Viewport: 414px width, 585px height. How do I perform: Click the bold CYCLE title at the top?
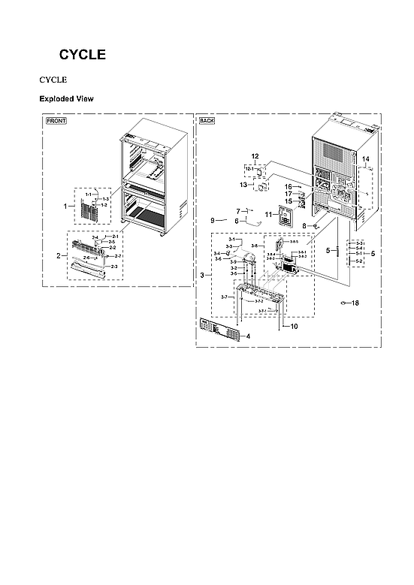point(83,55)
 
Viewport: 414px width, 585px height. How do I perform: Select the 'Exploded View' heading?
point(65,98)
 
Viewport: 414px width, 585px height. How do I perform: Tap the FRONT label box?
point(56,121)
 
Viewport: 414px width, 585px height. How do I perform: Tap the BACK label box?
point(207,121)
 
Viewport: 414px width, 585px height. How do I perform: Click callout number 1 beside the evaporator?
point(65,204)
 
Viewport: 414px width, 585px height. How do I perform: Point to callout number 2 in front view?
point(58,255)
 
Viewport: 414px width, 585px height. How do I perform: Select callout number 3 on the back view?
point(201,276)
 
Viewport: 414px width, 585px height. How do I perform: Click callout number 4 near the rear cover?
point(248,336)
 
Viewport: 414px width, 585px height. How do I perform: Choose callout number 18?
point(355,303)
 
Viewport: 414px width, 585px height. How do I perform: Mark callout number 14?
point(366,160)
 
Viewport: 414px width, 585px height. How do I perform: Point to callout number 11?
point(267,214)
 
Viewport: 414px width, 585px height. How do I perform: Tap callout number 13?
point(243,184)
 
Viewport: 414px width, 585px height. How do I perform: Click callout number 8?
point(304,226)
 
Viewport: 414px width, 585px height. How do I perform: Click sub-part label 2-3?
point(114,267)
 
